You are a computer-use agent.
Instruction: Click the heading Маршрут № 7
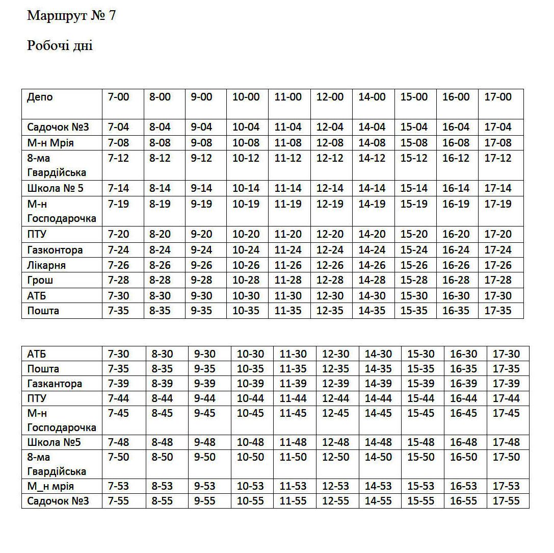(x=71, y=16)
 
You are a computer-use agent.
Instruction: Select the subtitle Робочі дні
(x=60, y=45)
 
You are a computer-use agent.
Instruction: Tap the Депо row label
(x=40, y=97)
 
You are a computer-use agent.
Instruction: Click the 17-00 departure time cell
(x=497, y=97)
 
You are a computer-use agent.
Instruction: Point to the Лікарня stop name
(x=46, y=265)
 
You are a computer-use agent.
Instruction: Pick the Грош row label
(x=40, y=280)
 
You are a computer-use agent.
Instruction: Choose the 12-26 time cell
(x=330, y=265)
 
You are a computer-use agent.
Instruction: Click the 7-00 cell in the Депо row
(x=119, y=97)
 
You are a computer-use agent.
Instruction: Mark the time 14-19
(x=372, y=204)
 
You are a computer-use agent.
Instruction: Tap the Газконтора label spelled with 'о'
(x=55, y=250)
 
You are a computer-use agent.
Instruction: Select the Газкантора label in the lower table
(x=55, y=384)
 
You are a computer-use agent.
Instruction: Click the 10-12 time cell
(x=246, y=158)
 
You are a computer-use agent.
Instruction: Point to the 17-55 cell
(x=506, y=501)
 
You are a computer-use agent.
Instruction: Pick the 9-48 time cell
(x=205, y=442)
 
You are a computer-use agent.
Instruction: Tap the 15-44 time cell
(x=420, y=398)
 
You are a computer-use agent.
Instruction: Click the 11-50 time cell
(x=293, y=457)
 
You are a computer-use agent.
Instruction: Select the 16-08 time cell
(x=456, y=143)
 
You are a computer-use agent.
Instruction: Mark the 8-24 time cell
(x=160, y=250)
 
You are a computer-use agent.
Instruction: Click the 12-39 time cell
(x=335, y=384)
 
